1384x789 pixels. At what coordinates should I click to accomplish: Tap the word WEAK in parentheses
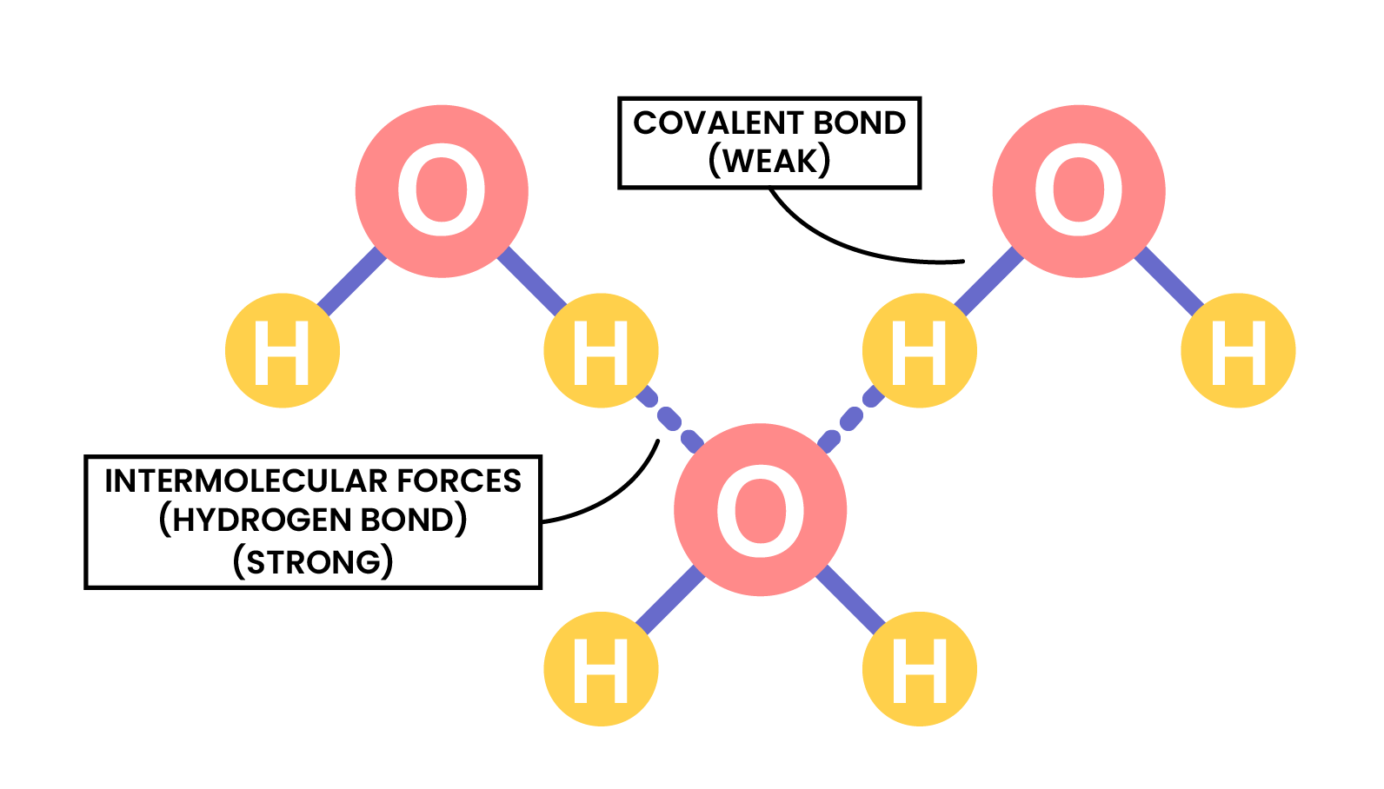pos(770,162)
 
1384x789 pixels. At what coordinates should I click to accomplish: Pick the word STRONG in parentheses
pos(314,562)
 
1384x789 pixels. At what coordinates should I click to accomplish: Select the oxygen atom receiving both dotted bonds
pos(760,510)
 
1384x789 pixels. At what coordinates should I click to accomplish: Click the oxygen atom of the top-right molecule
pos(1078,191)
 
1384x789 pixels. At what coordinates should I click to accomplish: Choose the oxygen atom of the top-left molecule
pos(442,191)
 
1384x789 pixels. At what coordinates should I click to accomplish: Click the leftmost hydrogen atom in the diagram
pos(282,351)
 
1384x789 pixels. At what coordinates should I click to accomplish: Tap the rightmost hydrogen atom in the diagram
pos(1238,351)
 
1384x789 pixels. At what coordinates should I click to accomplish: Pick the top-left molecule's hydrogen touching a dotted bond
pos(601,351)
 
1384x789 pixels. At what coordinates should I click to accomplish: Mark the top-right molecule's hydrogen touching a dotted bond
pos(919,351)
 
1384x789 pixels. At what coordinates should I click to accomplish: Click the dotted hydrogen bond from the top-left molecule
pos(669,421)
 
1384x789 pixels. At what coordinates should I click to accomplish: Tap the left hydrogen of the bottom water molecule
pos(601,669)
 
